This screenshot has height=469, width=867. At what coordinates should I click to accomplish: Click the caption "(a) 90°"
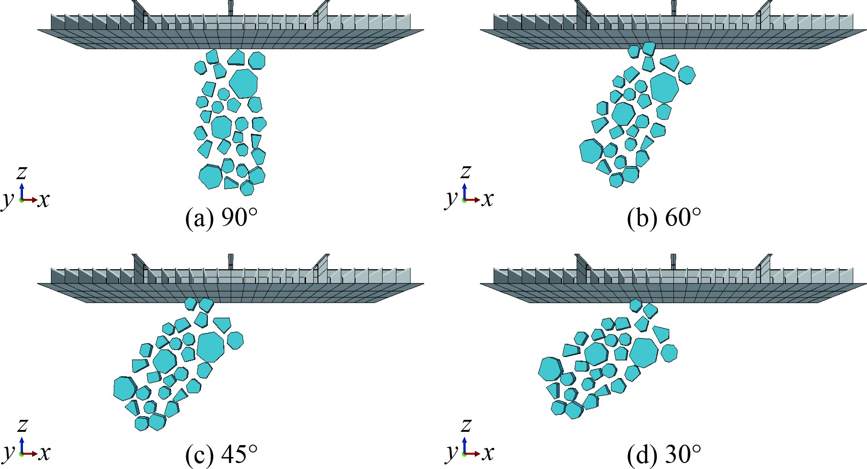pyautogui.click(x=221, y=218)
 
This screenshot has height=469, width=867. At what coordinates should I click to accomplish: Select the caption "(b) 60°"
pyautogui.click(x=664, y=218)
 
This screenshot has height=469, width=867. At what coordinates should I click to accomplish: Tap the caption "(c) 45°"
pyautogui.click(x=221, y=454)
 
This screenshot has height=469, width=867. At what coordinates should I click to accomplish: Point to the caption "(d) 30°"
pyautogui.click(x=664, y=454)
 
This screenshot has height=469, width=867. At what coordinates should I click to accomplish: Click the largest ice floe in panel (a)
pyautogui.click(x=243, y=83)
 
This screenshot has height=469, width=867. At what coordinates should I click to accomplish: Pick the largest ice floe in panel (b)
pyautogui.click(x=664, y=87)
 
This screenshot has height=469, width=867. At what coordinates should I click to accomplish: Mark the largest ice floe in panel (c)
pyautogui.click(x=211, y=346)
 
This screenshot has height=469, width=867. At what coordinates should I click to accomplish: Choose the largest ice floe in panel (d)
pyautogui.click(x=644, y=352)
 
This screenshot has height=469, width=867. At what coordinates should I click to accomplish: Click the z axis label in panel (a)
pyautogui.click(x=21, y=173)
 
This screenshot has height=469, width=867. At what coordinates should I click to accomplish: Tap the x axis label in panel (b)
pyautogui.click(x=487, y=199)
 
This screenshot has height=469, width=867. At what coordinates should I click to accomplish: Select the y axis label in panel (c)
pyautogui.click(x=8, y=452)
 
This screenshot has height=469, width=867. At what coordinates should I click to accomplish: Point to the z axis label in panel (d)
pyautogui.click(x=466, y=425)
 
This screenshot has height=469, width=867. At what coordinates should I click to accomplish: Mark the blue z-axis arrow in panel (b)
pyautogui.click(x=464, y=191)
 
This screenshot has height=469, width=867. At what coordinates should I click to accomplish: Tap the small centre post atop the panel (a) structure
pyautogui.click(x=231, y=7)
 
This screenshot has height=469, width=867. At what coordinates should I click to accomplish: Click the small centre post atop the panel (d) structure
pyautogui.click(x=673, y=260)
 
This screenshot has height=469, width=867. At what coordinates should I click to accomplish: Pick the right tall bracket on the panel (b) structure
pyautogui.click(x=765, y=13)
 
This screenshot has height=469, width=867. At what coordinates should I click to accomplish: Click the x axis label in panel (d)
pyautogui.click(x=487, y=453)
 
